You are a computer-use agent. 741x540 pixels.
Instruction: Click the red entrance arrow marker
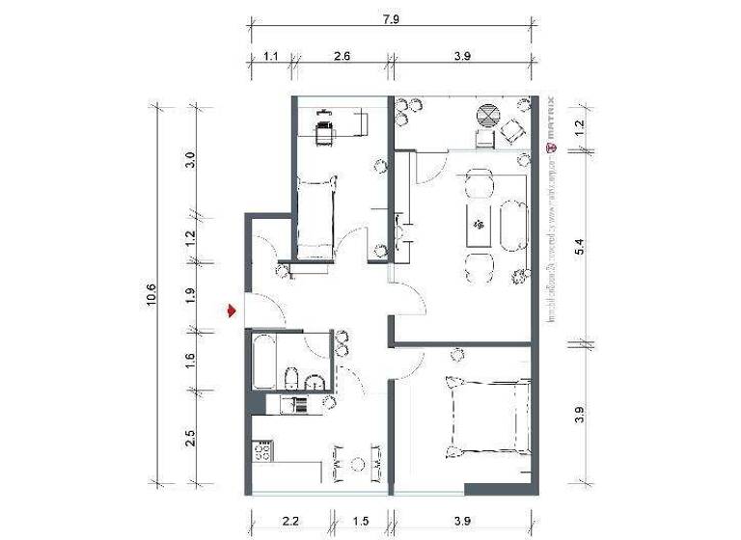[232, 310]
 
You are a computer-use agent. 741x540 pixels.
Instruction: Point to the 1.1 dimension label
[271, 57]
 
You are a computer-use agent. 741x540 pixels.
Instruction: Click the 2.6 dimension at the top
[342, 57]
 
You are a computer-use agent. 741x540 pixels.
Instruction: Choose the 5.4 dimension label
[578, 246]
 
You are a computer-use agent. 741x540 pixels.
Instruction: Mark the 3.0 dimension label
[190, 159]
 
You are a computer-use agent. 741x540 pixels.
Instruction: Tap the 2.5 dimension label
[190, 438]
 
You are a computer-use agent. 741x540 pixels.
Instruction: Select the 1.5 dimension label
[361, 522]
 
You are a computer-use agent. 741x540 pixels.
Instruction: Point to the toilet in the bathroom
[295, 377]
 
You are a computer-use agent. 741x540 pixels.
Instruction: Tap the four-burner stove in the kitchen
[261, 450]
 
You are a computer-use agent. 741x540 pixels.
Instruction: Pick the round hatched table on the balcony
[489, 117]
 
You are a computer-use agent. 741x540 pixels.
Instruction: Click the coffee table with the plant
[479, 226]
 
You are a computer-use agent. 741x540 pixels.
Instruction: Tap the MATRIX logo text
[550, 121]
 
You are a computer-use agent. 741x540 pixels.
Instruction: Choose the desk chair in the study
[323, 130]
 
